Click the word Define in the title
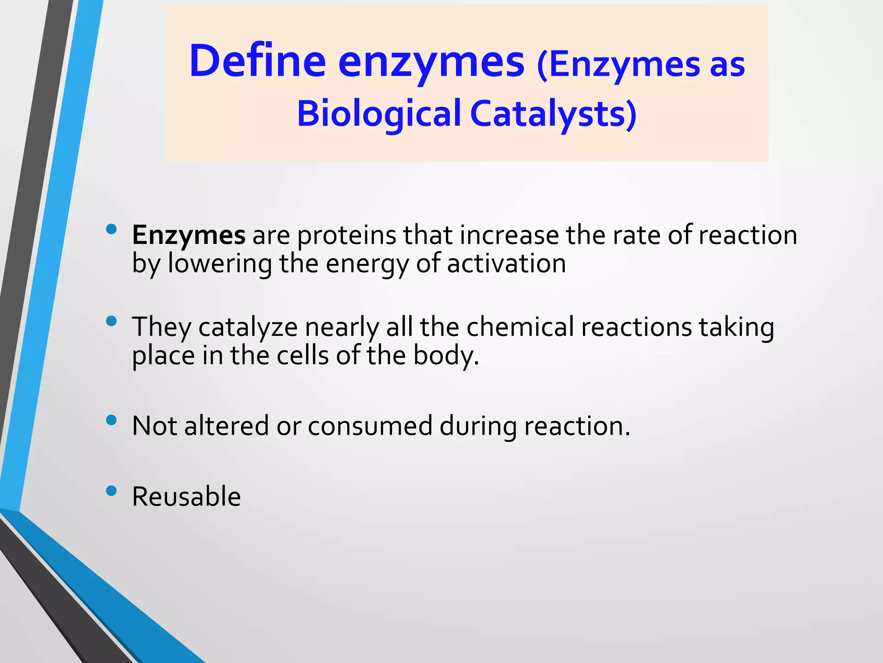(x=257, y=61)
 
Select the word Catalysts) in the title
(x=553, y=114)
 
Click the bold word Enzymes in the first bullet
(x=188, y=236)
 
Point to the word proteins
(x=347, y=236)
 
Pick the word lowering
(x=220, y=264)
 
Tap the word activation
(x=506, y=264)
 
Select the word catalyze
(x=248, y=328)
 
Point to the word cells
(x=303, y=356)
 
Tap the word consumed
(x=370, y=426)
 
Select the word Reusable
(x=186, y=497)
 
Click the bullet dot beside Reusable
(x=111, y=491)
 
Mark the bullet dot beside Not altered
(x=111, y=420)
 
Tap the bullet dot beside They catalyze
(x=111, y=321)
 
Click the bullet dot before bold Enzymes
(x=111, y=229)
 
